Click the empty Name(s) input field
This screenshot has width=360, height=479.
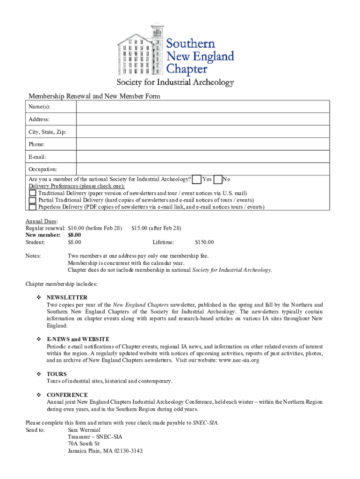pos(203,107)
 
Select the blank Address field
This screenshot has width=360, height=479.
pos(203,119)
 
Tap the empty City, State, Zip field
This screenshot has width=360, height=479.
pos(203,132)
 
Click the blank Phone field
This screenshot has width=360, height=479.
pos(203,144)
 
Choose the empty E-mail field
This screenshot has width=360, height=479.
pos(203,157)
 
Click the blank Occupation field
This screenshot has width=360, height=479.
pos(203,169)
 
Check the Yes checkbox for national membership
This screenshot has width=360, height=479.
pos(197,179)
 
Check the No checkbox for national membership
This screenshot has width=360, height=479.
pos(218,179)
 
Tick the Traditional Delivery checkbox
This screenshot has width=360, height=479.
pos(32,193)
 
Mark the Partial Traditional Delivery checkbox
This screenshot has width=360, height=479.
pos(32,200)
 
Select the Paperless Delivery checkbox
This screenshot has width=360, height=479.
pos(32,207)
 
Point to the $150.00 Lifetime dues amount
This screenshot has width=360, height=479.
pos(204,242)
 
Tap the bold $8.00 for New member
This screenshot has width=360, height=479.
pos(74,235)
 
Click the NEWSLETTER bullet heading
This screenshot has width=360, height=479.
pos(67,298)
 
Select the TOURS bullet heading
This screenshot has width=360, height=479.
pos(57,374)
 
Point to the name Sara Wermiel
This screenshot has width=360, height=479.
pos(84,430)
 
